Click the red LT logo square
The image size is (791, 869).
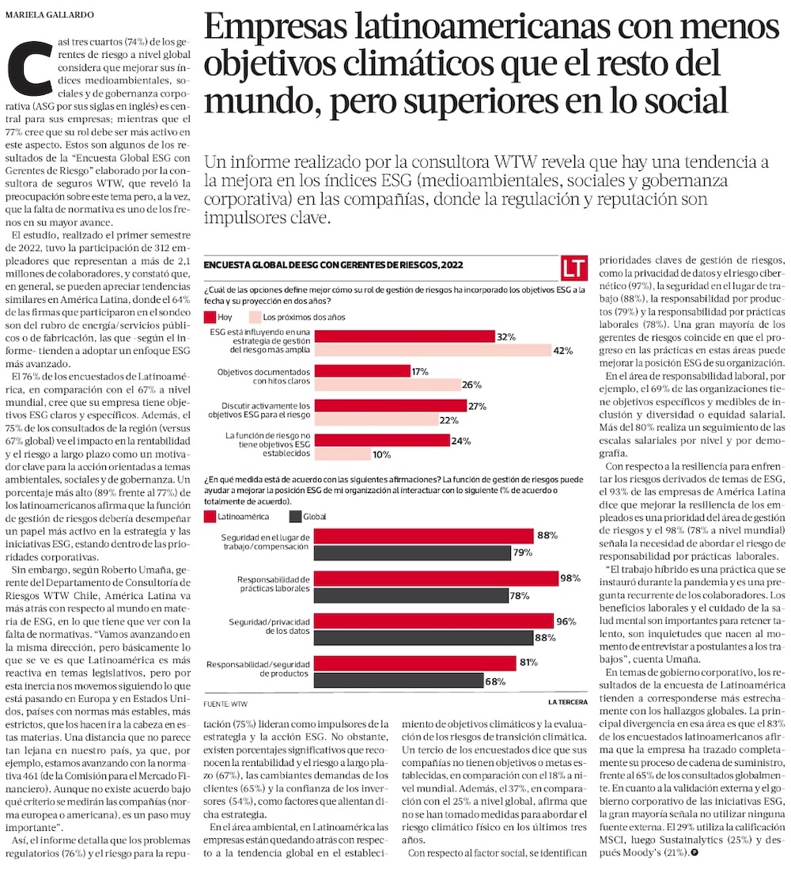click(574, 268)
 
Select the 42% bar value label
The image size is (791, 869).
click(562, 351)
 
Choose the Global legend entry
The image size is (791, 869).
click(307, 516)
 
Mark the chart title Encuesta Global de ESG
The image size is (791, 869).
click(333, 265)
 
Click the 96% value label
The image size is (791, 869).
click(566, 621)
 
